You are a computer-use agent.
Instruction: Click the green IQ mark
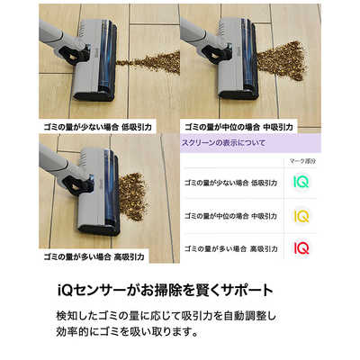coord(302,183)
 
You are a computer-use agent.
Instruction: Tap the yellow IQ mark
coord(302,216)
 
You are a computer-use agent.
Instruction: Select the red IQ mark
coord(302,247)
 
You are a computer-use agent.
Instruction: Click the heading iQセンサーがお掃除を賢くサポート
coord(181,292)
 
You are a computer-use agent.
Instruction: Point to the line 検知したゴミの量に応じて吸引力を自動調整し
coord(181,318)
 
